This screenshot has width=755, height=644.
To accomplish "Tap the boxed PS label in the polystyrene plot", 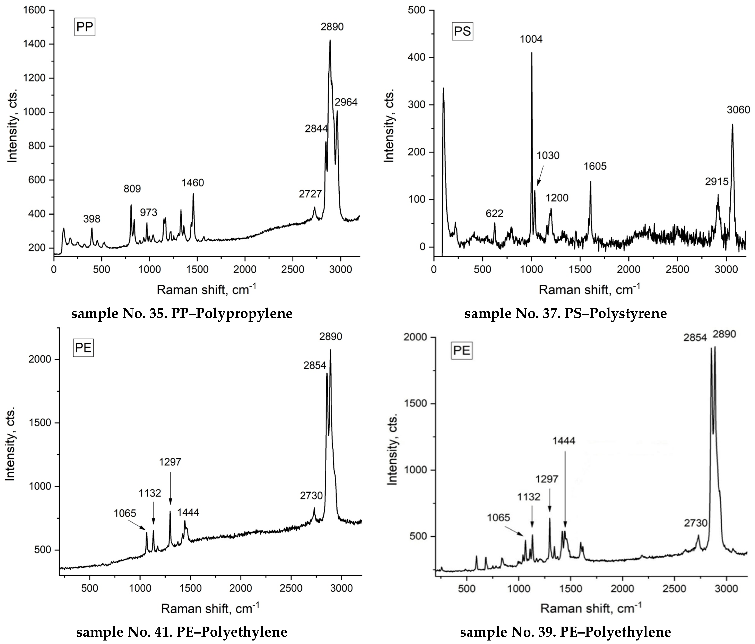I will coord(462,31).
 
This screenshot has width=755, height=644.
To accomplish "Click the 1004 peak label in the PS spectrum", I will coord(531,39).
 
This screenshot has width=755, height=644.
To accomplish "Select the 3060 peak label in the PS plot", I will coord(738,110).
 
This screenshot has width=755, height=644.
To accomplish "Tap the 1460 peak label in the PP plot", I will coord(193,183).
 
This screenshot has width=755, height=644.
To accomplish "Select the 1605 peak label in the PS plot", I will coord(595,166).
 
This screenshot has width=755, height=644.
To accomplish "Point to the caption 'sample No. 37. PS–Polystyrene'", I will coord(565,314).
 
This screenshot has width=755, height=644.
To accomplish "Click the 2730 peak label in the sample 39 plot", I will coord(695,523).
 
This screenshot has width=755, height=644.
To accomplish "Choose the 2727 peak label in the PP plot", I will coord(310,194).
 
